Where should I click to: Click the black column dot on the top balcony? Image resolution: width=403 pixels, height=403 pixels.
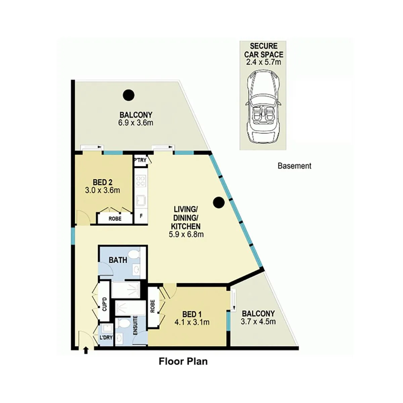[x=128, y=95]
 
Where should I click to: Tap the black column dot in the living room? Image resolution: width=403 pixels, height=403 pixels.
[x=219, y=202]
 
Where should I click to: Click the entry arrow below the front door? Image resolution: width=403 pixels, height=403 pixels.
[x=86, y=351]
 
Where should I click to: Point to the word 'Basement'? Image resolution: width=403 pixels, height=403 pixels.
[x=295, y=166]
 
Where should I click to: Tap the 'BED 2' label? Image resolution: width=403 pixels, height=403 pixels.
[x=102, y=182]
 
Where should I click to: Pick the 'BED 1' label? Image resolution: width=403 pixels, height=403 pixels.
[x=192, y=314]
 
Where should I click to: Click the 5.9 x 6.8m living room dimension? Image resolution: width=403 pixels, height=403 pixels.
[x=186, y=234]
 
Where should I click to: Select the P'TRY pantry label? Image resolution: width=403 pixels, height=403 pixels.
[x=140, y=160]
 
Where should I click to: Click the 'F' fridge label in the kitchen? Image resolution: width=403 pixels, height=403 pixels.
[x=141, y=216]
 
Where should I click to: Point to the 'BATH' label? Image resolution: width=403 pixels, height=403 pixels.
[x=118, y=260]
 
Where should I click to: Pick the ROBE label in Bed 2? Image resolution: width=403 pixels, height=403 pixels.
[x=115, y=219]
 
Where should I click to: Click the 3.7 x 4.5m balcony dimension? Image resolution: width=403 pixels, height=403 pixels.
[x=258, y=322]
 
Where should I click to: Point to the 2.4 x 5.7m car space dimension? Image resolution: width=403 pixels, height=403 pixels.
[x=264, y=62]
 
